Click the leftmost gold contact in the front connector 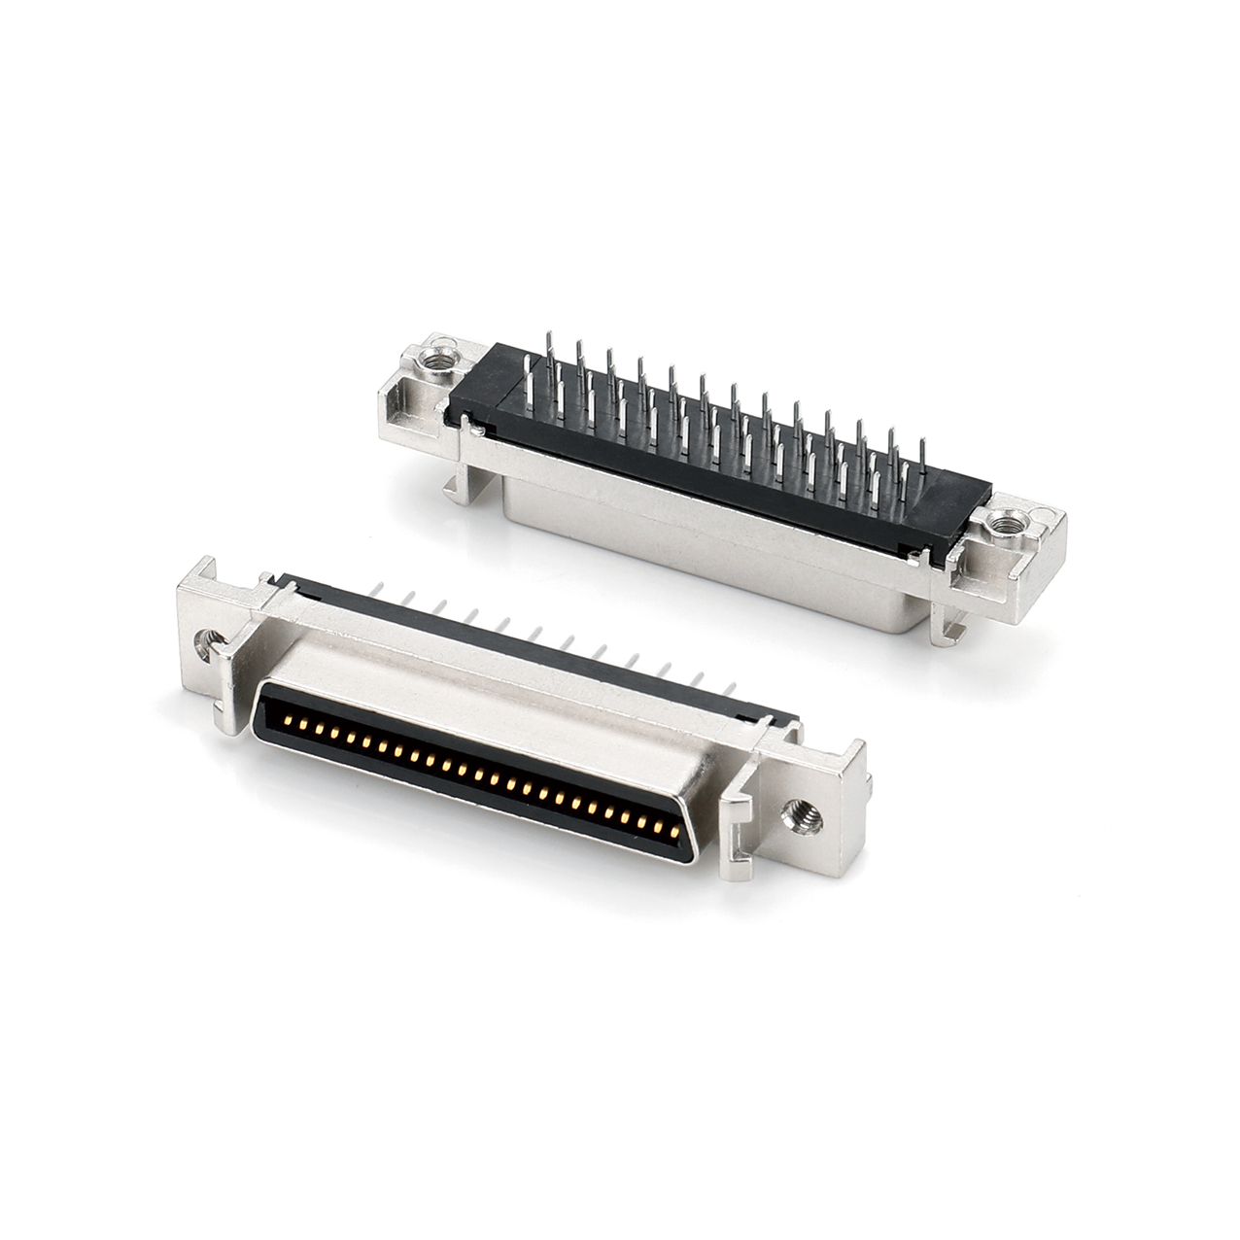tap(290, 722)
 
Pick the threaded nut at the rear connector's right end tap(1004, 526)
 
